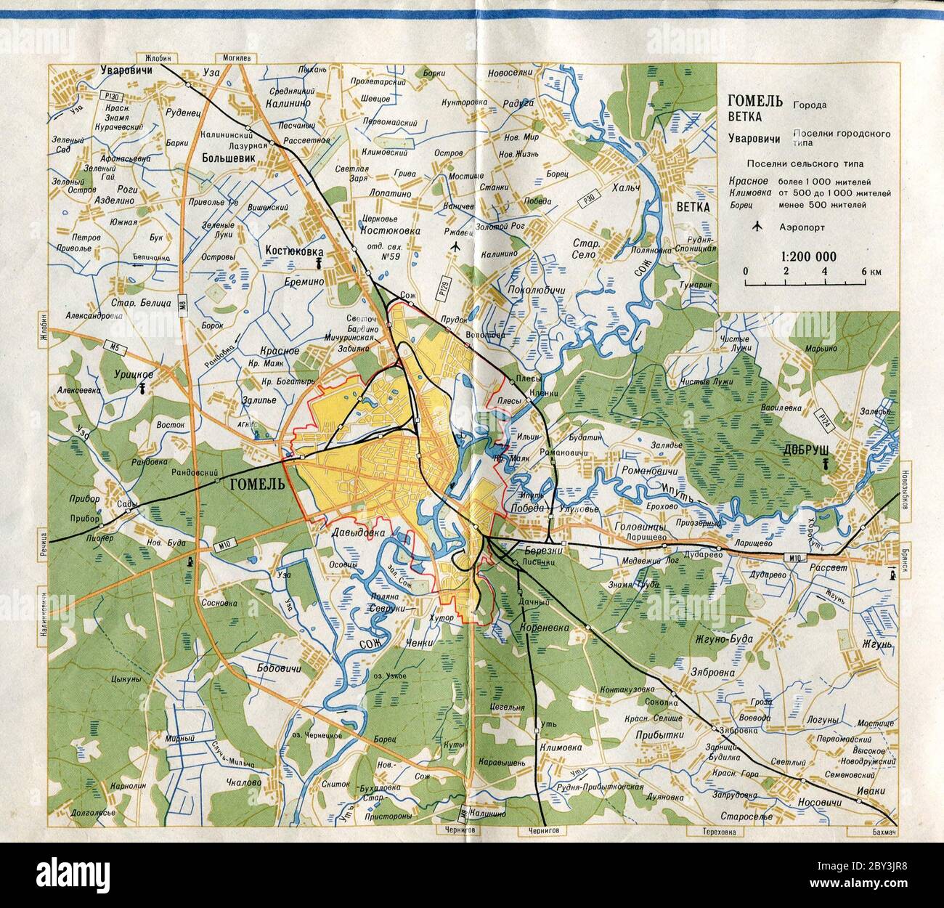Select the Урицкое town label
click(134, 373)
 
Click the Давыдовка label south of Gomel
click(358, 533)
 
